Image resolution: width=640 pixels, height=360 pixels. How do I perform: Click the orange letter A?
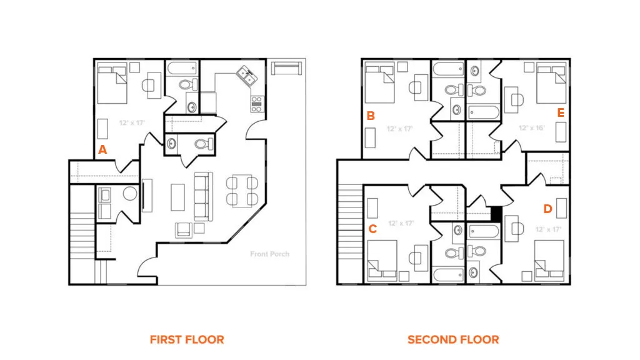click(x=102, y=150)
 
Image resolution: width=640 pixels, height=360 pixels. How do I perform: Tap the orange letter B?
click(x=371, y=116)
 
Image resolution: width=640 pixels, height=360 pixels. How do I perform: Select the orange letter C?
click(x=372, y=229)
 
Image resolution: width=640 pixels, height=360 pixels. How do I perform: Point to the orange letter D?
click(x=547, y=209)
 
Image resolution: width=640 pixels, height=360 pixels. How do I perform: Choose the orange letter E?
click(x=561, y=112)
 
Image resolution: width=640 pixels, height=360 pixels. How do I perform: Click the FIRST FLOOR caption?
click(x=187, y=339)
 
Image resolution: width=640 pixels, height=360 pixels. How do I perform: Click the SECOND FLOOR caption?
click(x=453, y=339)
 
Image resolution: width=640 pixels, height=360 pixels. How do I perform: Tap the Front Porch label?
click(x=270, y=254)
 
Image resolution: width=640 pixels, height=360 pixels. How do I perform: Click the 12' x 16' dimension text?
click(x=532, y=127)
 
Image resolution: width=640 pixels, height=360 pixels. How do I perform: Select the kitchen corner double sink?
click(x=247, y=76)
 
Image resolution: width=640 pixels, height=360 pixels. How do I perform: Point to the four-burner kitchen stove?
click(x=257, y=104)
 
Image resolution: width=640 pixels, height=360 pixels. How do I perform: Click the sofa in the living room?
click(x=203, y=197)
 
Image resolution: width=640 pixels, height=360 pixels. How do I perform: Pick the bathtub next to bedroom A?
click(x=182, y=68)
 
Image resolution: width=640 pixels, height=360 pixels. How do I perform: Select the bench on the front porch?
click(x=286, y=68)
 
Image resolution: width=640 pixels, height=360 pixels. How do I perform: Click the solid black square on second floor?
click(x=496, y=214)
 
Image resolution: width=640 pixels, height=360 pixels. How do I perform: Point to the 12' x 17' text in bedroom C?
click(x=401, y=223)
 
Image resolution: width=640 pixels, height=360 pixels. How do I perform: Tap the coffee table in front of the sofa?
click(x=177, y=197)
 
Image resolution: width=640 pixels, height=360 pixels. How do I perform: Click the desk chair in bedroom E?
click(x=517, y=99)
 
